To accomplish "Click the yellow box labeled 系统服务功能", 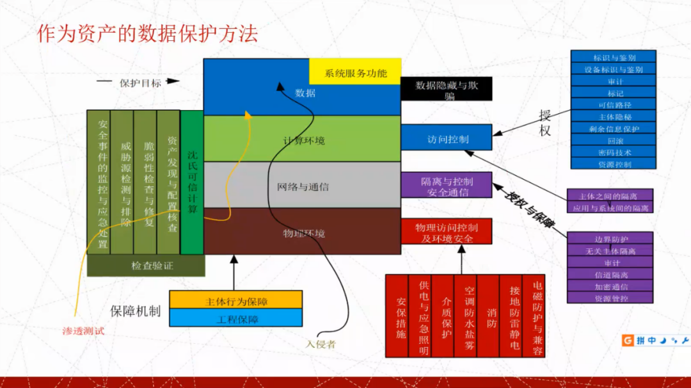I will point(355,72).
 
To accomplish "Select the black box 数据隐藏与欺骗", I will point(446,90).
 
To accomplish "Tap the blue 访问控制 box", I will point(446,138).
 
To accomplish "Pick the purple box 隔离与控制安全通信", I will point(446,185).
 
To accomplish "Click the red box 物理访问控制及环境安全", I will point(446,232).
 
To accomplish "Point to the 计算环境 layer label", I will point(303,140).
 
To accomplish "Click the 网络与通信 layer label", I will point(303,186).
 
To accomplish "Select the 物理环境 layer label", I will point(303,233).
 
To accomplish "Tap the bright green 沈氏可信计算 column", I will point(191,182).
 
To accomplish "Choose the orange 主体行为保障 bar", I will point(235,300).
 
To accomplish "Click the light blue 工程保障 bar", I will point(235,318).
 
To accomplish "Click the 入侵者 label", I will point(321,344).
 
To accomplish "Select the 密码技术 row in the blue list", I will point(614,152).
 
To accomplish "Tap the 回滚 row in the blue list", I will point(614,140).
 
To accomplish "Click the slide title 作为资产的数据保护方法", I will point(147,33).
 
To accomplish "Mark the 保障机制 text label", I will point(135,311).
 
